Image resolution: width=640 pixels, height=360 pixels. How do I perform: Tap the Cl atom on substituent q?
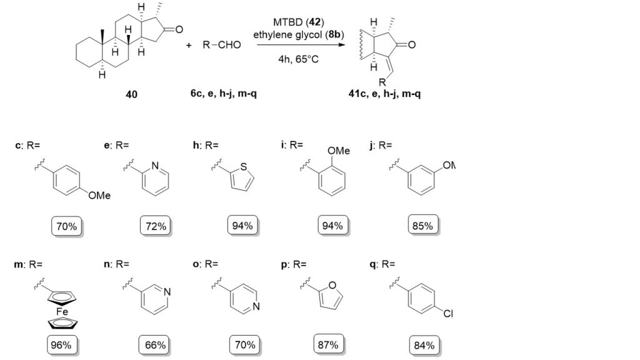click(447, 314)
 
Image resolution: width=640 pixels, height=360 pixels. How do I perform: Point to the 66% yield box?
click(153, 344)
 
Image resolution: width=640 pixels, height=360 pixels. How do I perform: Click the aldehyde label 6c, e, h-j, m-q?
click(221, 95)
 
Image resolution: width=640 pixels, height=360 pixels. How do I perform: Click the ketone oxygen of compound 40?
click(179, 29)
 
